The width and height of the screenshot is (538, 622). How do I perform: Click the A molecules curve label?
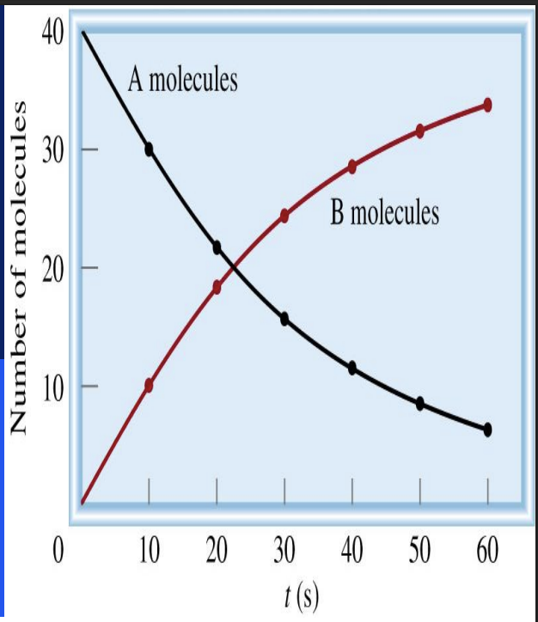[182, 81]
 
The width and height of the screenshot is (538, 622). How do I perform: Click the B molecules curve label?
[384, 212]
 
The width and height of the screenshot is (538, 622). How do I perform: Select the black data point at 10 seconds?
[149, 149]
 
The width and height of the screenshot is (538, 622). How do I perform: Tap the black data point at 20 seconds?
[217, 247]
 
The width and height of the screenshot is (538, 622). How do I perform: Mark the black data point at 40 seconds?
[352, 368]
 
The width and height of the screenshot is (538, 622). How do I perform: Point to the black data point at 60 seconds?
[487, 430]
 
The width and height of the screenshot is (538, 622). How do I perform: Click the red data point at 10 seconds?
[149, 386]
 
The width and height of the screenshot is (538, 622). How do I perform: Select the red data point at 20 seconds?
[217, 288]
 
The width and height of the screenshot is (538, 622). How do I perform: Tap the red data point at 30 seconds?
[284, 216]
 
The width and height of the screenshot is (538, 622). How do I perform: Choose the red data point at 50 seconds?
[420, 131]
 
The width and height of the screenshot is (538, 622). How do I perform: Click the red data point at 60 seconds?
[487, 105]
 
